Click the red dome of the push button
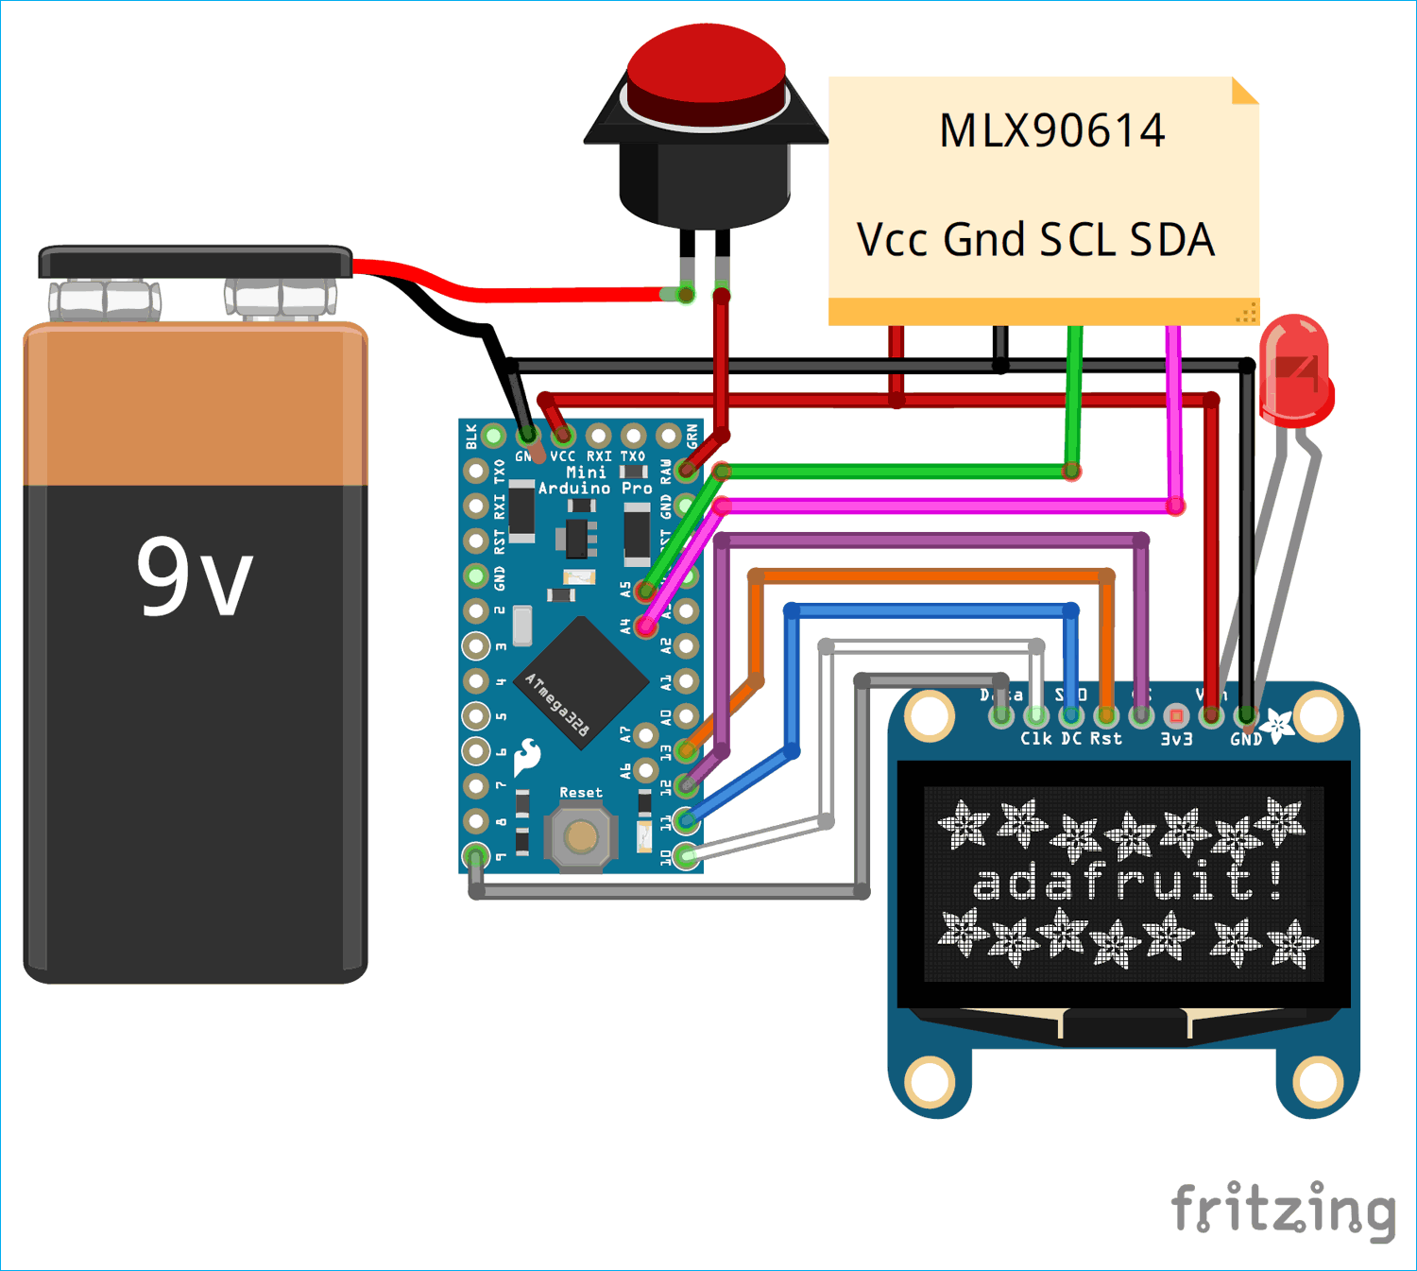[x=706, y=66]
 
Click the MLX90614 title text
[x=1051, y=130]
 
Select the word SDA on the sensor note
[x=1172, y=240]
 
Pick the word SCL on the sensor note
[x=1076, y=240]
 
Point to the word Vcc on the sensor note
[x=893, y=240]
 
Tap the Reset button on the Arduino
[x=580, y=836]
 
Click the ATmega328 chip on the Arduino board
[x=580, y=682]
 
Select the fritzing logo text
[x=1283, y=1209]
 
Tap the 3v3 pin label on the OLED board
[x=1176, y=739]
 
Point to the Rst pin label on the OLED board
[x=1106, y=739]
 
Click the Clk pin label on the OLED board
[x=1035, y=739]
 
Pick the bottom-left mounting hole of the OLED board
[x=929, y=1079]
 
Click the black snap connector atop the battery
[x=195, y=263]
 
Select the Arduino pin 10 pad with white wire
[x=687, y=856]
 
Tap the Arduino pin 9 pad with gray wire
[x=476, y=856]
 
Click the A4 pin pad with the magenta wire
[x=646, y=626]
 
